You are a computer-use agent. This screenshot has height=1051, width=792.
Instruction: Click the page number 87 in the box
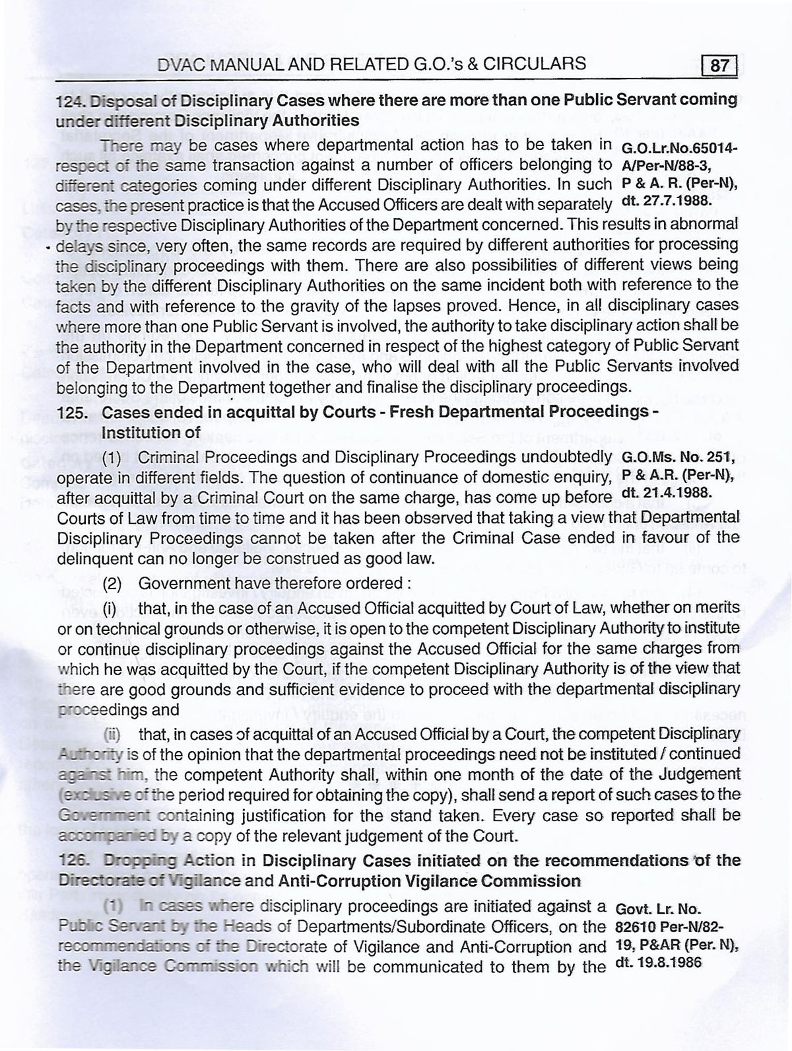tap(720, 66)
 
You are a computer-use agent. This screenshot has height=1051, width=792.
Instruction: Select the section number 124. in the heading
tap(71, 100)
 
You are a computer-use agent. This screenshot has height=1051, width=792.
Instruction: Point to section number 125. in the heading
tap(71, 412)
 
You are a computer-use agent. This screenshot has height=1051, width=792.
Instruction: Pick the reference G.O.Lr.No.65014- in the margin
tap(679, 148)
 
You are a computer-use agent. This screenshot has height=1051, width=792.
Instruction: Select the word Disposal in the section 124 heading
tap(119, 100)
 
